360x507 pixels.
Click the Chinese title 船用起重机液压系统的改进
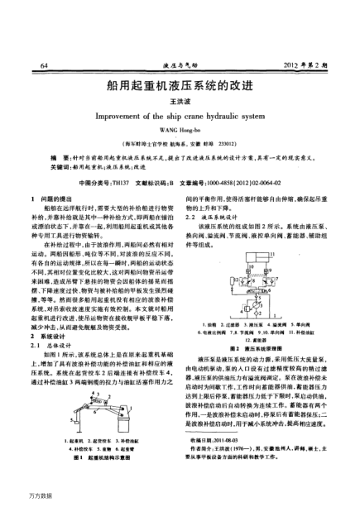point(179,85)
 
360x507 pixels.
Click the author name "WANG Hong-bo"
point(179,131)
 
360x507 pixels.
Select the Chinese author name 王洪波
point(179,100)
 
